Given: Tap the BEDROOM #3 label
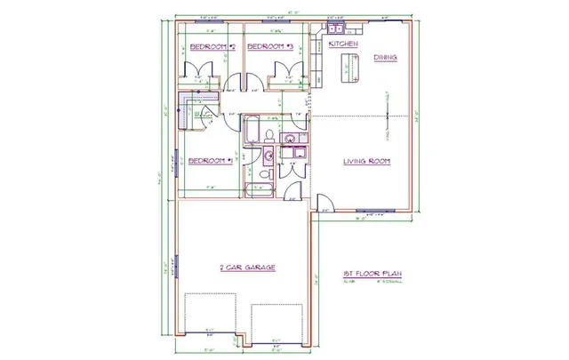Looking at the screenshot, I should (x=270, y=46).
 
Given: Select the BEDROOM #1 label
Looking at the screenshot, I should (x=210, y=161).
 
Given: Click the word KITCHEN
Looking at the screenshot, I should (x=343, y=44).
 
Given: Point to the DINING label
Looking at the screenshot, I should (x=385, y=59).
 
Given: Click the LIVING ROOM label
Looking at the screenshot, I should (x=367, y=161).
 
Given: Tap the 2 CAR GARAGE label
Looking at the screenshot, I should (x=246, y=267).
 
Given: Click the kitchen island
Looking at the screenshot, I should (x=348, y=68).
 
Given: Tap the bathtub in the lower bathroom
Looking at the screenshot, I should (x=261, y=188).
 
